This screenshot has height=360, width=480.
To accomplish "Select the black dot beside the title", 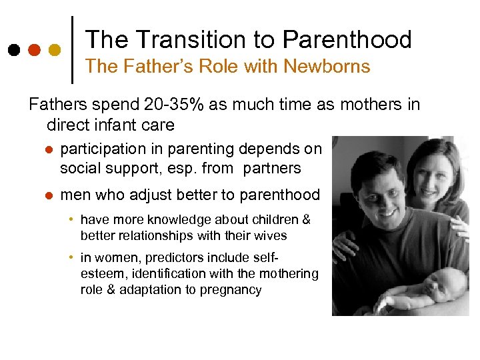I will [x=14, y=50].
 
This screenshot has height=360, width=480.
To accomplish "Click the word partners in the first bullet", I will [x=272, y=168].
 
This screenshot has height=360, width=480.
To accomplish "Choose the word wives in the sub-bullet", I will [x=271, y=235].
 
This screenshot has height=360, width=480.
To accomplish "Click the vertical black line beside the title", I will [x=73, y=49].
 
